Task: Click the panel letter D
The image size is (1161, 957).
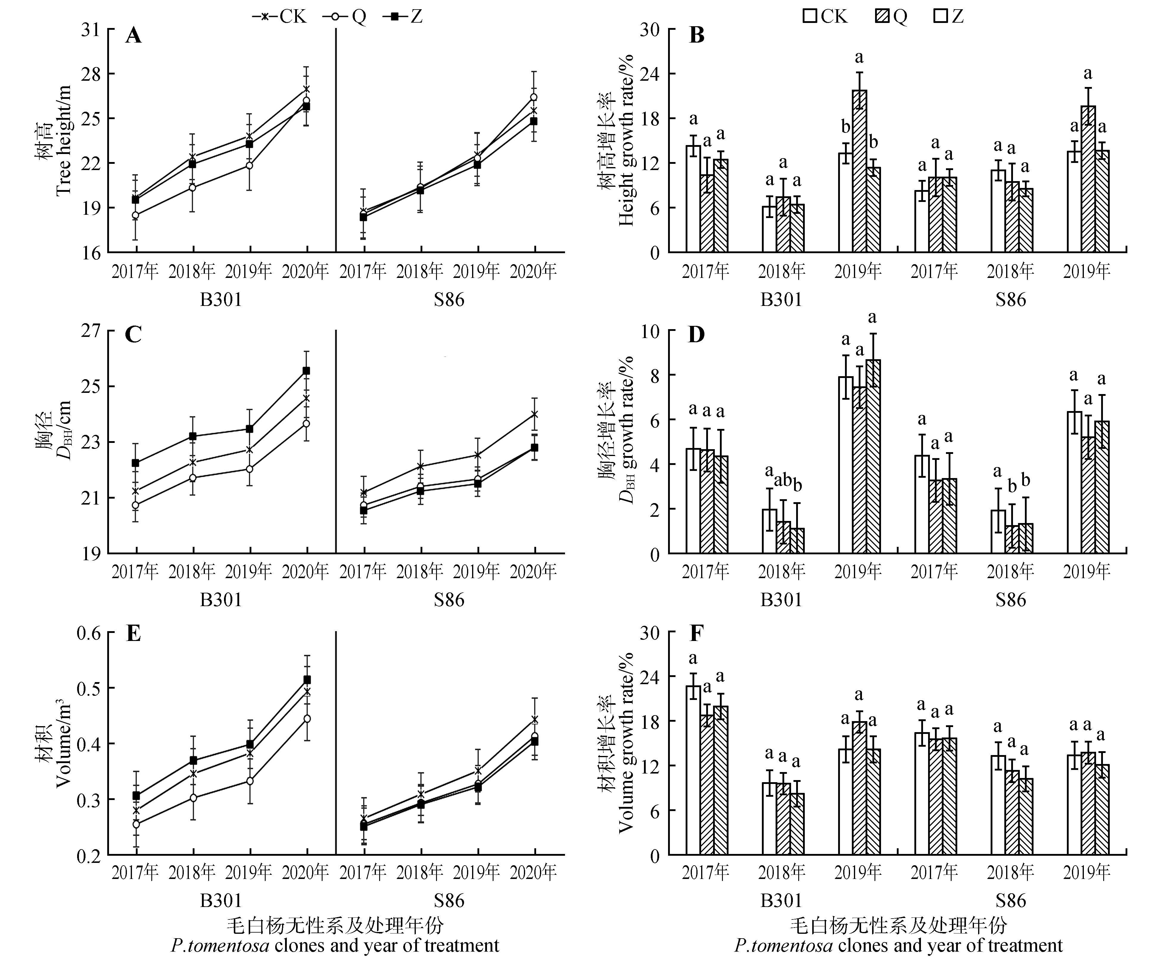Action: [696, 334]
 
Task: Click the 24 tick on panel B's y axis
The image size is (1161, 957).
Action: [650, 74]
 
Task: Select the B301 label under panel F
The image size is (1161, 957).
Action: [781, 901]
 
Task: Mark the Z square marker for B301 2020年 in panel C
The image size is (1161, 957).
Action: [306, 371]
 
